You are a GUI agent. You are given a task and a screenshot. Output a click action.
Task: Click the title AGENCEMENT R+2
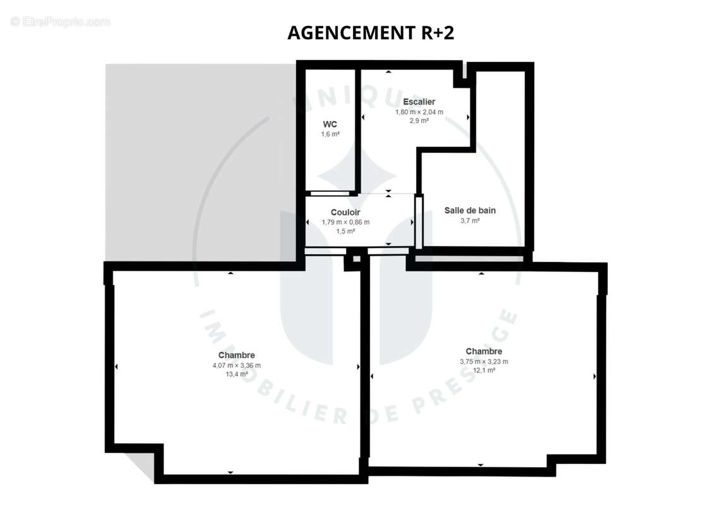[371, 33]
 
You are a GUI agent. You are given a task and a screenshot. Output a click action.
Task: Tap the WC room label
[330, 124]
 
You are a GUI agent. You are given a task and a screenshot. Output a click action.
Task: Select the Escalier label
[419, 102]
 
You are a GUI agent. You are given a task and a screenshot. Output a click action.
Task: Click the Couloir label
[345, 212]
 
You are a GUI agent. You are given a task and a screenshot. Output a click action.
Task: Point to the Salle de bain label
[470, 210]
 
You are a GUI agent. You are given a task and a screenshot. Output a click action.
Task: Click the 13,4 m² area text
[237, 374]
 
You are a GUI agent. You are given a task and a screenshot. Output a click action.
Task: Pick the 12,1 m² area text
[484, 370]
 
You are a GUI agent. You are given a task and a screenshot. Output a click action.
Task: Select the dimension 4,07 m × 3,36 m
[237, 365]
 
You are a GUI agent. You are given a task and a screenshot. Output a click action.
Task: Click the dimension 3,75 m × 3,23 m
[484, 362]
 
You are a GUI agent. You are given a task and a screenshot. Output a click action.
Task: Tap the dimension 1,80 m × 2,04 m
[419, 112]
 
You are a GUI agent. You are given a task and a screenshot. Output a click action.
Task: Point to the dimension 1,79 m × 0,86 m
[345, 222]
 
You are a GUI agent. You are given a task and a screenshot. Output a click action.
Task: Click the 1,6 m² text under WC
[330, 134]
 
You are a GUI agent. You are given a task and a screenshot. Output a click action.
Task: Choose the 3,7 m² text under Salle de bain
[470, 221]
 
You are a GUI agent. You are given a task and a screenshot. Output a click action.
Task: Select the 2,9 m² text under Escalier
[419, 121]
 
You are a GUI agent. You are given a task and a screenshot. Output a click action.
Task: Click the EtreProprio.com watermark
[60, 21]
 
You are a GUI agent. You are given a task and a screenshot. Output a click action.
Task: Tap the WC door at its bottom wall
[330, 194]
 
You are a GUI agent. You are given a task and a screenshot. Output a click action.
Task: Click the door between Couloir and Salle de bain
[419, 222]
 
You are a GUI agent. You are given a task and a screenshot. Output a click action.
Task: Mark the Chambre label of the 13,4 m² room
[237, 355]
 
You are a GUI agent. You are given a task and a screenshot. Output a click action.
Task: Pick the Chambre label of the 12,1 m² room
[484, 352]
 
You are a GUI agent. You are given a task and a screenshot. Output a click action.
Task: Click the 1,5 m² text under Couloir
[345, 231]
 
